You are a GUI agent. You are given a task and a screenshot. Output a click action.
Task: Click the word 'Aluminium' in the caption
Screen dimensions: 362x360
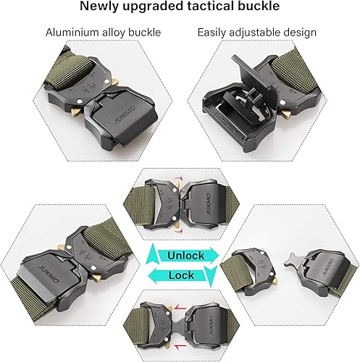tap(72, 33)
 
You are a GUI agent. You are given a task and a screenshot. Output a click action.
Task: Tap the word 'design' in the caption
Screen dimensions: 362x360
tap(300, 33)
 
